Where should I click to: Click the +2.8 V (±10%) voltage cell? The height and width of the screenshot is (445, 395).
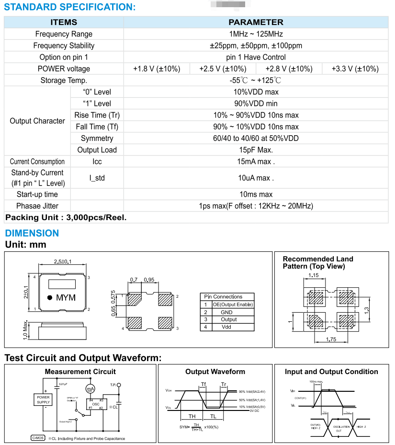(289, 69)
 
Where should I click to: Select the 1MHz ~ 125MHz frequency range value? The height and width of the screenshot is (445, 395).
(256, 34)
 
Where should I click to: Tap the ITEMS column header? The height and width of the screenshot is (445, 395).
(64, 22)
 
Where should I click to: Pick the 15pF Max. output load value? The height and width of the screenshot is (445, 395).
(256, 150)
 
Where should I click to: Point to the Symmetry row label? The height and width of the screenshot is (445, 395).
(97, 138)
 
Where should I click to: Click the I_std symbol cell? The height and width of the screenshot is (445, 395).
(97, 178)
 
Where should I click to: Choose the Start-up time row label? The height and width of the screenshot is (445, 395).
(37, 194)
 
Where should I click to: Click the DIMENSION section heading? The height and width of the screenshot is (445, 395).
(32, 233)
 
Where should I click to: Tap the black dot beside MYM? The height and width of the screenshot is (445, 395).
(50, 297)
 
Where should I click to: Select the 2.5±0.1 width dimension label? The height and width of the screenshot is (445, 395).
(63, 261)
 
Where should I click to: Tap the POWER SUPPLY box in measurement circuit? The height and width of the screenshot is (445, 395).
(43, 399)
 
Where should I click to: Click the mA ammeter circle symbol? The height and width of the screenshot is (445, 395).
(90, 388)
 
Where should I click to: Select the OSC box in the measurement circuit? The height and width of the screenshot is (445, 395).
(96, 404)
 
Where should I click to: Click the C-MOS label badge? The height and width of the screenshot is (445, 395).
(38, 438)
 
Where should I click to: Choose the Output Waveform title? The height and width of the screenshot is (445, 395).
(215, 371)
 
